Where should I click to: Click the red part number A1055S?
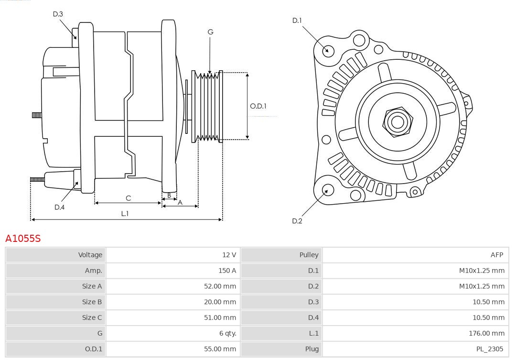[23, 238]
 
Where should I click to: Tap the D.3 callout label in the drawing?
[58, 14]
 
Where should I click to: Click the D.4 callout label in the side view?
[59, 207]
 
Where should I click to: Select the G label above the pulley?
[210, 32]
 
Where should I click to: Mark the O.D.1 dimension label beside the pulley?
[258, 106]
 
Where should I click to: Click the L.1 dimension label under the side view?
[125, 214]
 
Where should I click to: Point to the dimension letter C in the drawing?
[128, 198]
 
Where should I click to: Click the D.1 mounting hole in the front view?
[328, 50]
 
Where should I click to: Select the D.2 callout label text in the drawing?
[297, 221]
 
